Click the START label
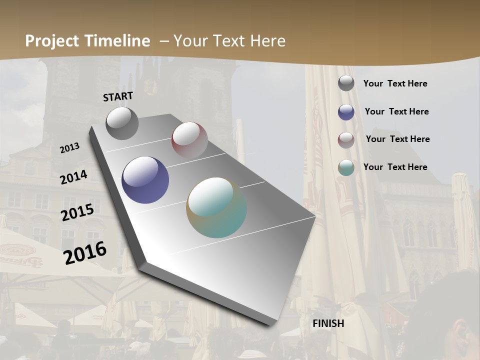point(118,96)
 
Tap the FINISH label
point(328,323)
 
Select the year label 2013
point(70,148)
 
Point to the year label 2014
point(73,177)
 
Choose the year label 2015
point(77,212)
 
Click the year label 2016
point(85,252)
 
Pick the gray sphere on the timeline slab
point(122,123)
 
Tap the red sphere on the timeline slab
point(189,140)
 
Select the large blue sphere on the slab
point(145,180)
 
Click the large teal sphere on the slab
point(216,207)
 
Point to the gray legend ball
point(346,83)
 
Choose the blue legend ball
point(346,112)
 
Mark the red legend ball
point(346,140)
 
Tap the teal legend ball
point(346,167)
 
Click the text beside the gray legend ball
point(395,83)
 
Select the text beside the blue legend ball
point(396,111)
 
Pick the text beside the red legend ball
point(397,139)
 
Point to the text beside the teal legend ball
point(395,167)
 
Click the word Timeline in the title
point(117,41)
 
